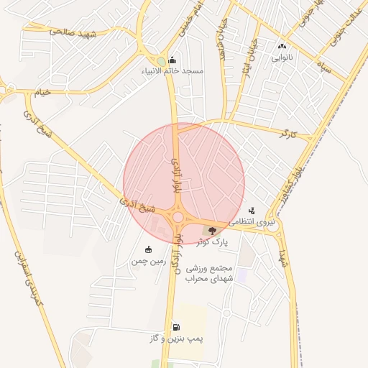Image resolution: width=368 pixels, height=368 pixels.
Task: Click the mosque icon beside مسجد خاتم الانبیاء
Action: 172,60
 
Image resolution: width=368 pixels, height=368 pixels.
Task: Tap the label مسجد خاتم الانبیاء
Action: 173,72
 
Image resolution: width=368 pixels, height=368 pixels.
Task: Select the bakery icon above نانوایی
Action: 281,47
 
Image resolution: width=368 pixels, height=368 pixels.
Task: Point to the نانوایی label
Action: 282,58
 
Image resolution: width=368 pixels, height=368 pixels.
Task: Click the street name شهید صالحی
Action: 73,32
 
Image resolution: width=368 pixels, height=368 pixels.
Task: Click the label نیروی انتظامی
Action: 252,223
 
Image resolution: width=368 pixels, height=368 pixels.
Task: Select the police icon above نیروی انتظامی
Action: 252,211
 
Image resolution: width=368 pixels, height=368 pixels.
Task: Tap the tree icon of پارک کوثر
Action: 211,231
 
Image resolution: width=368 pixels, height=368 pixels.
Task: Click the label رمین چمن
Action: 148,262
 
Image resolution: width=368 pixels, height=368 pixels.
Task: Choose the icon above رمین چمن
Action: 148,249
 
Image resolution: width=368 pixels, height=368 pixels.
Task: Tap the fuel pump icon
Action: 176,326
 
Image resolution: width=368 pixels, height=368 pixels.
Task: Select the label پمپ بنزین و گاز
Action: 177,338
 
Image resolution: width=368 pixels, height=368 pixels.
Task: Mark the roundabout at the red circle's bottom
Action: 177,216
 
